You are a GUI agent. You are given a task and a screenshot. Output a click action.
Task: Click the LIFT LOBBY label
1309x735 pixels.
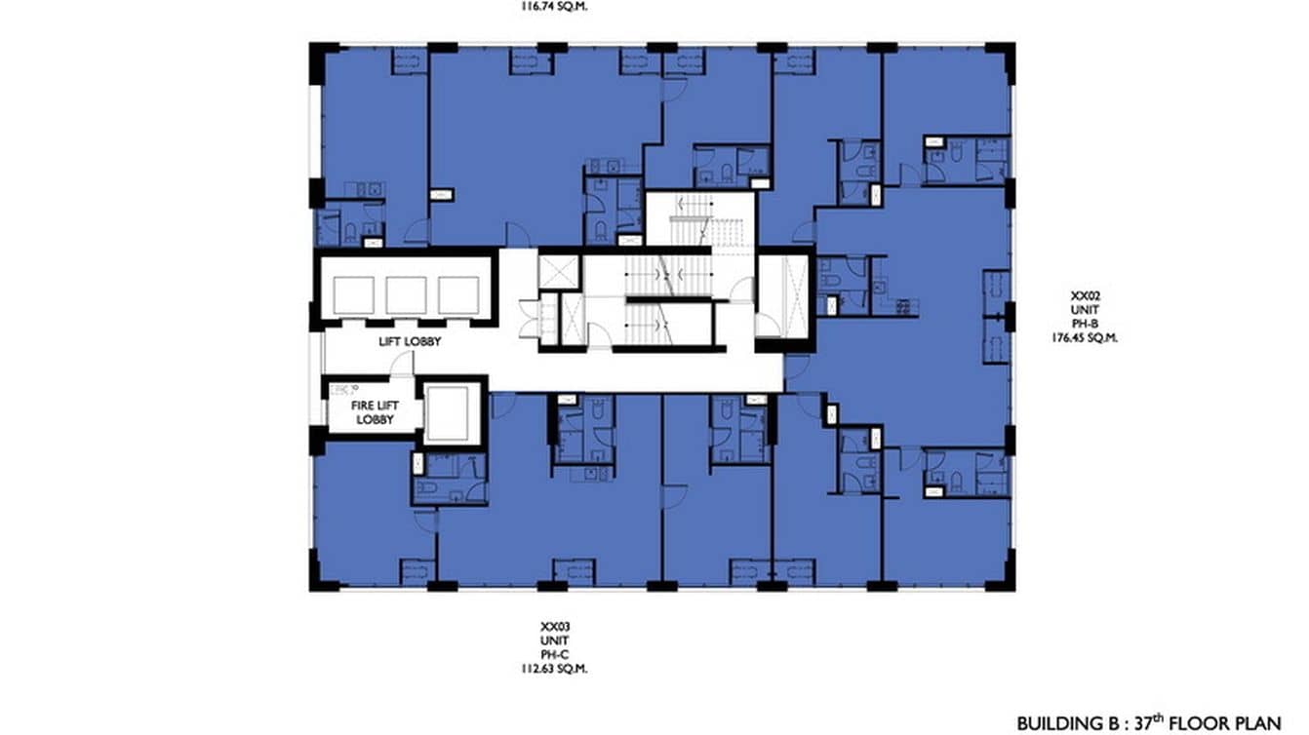point(410,342)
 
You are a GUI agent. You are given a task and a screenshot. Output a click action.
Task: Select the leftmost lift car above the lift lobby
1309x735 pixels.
point(352,294)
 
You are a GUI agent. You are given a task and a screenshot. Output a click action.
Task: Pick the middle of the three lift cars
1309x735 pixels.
point(405,294)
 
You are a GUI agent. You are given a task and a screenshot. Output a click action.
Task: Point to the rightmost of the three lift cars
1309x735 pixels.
point(457,294)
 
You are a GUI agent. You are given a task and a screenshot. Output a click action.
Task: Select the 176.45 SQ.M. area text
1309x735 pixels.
point(1090,338)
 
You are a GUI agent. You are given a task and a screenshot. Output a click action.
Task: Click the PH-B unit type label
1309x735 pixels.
point(1089,323)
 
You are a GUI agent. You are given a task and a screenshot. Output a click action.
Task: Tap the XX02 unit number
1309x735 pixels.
point(1089,293)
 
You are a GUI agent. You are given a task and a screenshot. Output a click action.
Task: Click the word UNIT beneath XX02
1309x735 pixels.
point(1089,308)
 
